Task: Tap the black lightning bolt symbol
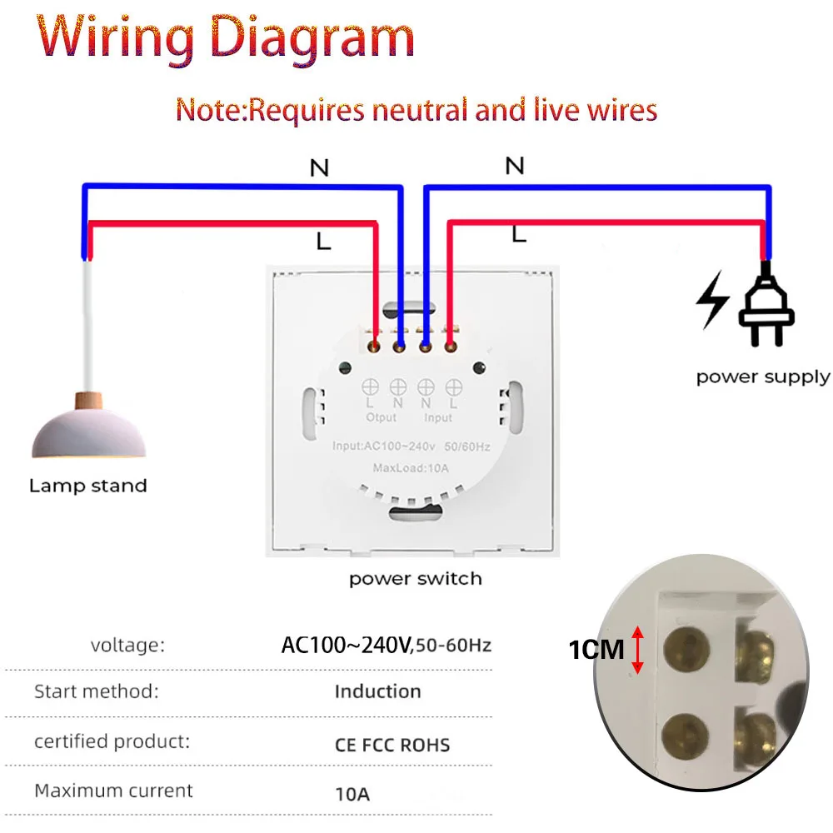coord(713,299)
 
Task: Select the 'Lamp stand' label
coord(87,486)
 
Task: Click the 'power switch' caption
coord(415,578)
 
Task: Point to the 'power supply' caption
coord(763,377)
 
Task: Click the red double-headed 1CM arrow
coord(638,649)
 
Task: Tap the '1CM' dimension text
coord(596,650)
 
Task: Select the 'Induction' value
coord(377,691)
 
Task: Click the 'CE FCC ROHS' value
coord(392,744)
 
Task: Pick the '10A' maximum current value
coord(352,794)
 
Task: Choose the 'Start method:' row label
coord(96,691)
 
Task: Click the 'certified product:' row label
coord(112,741)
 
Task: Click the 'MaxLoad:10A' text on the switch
coord(411,468)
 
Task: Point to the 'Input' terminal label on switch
coord(438,417)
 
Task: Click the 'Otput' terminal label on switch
coord(382,417)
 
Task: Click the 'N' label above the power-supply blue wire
coord(515,166)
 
